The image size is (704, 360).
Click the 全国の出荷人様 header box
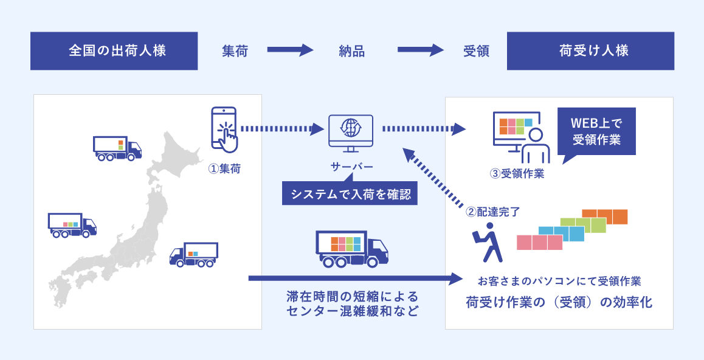(x=114, y=51)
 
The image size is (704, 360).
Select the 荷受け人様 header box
(x=590, y=51)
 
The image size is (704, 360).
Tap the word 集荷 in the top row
(x=235, y=51)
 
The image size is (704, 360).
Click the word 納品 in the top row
(x=351, y=51)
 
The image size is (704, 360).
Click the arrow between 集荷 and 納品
(x=289, y=51)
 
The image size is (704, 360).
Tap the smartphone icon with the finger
(x=224, y=130)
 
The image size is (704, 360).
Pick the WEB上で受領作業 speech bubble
(x=596, y=132)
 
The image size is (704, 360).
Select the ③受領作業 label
(x=517, y=173)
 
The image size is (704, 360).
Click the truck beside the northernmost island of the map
(x=117, y=148)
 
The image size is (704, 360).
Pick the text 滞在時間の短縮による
(x=353, y=297)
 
